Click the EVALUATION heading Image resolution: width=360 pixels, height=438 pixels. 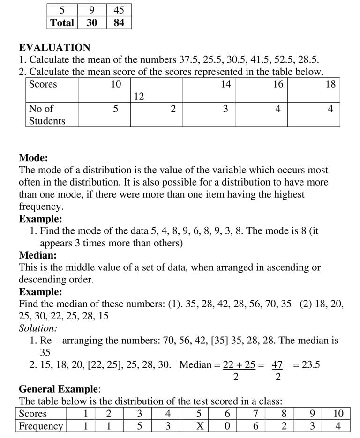pyautogui.click(x=54, y=47)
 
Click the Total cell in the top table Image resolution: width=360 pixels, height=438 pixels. pyautogui.click(x=62, y=22)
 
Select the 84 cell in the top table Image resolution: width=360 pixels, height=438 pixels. pyautogui.click(x=119, y=22)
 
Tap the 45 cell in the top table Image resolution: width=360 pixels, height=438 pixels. pyautogui.click(x=119, y=10)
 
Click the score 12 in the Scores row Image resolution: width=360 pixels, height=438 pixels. pyautogui.click(x=139, y=97)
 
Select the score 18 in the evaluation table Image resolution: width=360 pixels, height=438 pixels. pyautogui.click(x=330, y=84)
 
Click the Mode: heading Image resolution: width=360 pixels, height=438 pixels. pyautogui.click(x=33, y=158)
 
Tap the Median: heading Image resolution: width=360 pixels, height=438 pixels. pyautogui.click(x=37, y=255)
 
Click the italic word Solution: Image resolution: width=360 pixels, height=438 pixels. pyautogui.click(x=38, y=328)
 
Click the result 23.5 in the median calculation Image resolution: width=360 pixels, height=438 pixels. pyautogui.click(x=306, y=365)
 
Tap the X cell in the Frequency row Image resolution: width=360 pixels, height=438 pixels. pyautogui.click(x=199, y=426)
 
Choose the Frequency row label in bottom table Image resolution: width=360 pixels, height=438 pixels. pyautogui.click(x=41, y=426)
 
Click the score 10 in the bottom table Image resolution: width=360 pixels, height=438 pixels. pyautogui.click(x=338, y=414)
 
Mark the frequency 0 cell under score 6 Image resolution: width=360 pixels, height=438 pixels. pyautogui.click(x=227, y=426)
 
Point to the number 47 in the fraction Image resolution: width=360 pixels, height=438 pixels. pyautogui.click(x=277, y=365)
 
